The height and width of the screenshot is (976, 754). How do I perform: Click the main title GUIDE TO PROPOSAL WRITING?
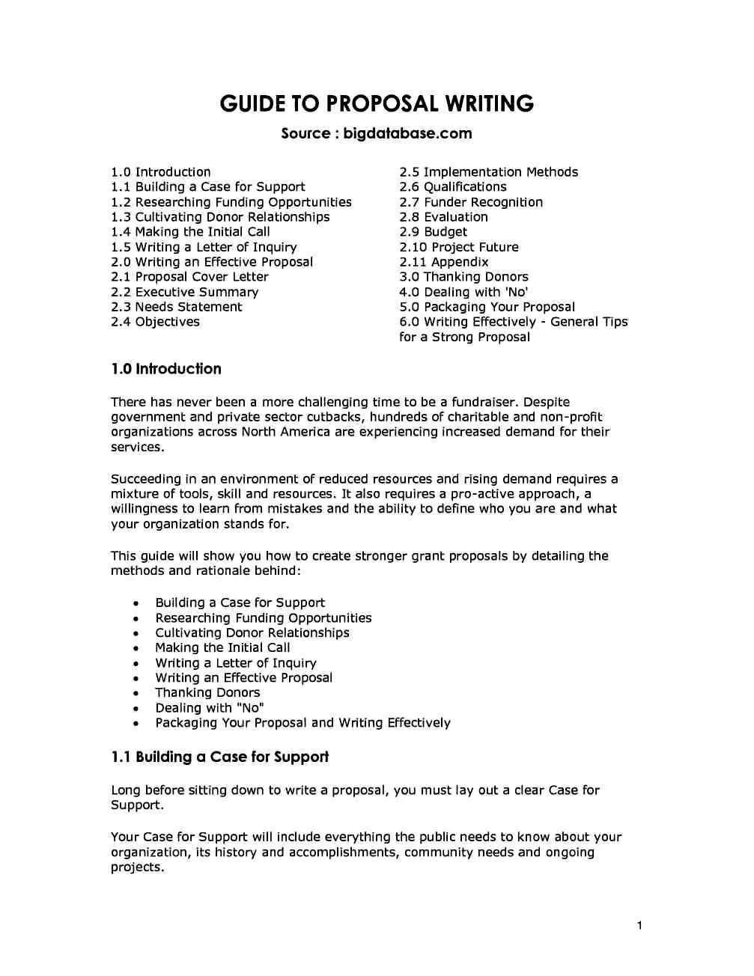click(x=377, y=103)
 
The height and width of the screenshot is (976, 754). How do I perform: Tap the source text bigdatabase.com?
click(x=407, y=133)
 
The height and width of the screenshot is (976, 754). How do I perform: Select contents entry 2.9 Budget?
click(x=433, y=232)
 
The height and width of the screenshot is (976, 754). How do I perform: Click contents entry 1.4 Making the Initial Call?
click(x=190, y=232)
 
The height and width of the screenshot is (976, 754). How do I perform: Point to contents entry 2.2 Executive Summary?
click(x=184, y=292)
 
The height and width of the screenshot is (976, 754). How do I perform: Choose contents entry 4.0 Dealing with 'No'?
click(x=463, y=292)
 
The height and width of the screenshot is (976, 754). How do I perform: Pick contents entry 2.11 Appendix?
click(x=443, y=262)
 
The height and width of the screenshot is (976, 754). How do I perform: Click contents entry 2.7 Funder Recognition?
click(x=471, y=202)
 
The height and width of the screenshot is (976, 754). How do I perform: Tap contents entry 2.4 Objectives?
click(x=155, y=322)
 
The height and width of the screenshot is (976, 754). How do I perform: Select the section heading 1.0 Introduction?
click(x=165, y=369)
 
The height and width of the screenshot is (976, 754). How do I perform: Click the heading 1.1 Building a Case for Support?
click(x=219, y=757)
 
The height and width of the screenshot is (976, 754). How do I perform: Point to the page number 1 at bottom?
click(x=639, y=926)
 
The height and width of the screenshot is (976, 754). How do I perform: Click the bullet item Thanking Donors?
click(x=207, y=692)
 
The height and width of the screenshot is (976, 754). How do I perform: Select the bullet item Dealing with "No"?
click(x=210, y=707)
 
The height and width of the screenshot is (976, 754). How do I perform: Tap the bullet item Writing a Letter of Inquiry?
click(x=236, y=662)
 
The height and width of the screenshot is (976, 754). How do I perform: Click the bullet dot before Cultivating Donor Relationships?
click(x=136, y=633)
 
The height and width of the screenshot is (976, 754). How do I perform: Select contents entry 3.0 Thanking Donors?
click(x=463, y=277)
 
